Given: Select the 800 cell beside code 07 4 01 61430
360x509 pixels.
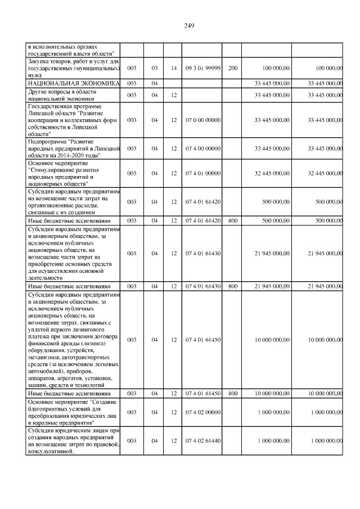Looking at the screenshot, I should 233,286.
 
